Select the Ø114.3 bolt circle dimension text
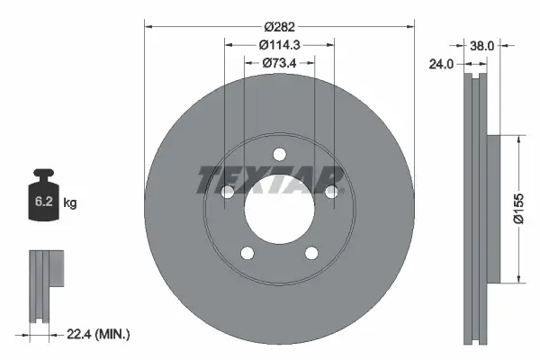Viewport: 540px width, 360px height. pos(279,44)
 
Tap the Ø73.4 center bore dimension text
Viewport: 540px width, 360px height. pos(279,62)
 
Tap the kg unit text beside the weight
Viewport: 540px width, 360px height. pos(70,203)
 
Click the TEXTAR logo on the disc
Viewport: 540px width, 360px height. pos(270,180)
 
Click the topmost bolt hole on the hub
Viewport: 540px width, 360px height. pos(279,152)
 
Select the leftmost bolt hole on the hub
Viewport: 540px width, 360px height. pos(227,191)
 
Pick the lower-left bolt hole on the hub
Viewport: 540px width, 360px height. pos(247,252)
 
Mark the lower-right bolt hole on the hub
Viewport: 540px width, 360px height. pos(311,252)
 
